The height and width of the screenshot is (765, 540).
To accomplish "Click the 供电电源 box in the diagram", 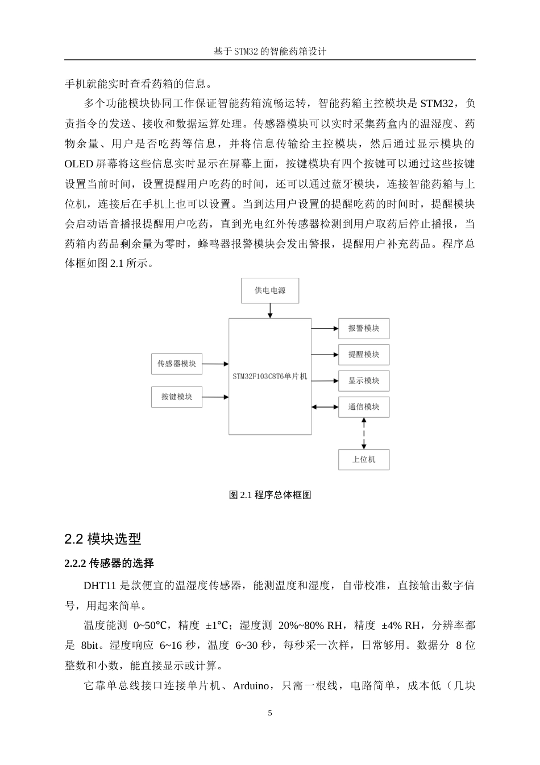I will (270, 290).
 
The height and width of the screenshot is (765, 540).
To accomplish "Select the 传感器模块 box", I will (177, 364).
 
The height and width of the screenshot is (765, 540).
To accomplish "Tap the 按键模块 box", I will (177, 397).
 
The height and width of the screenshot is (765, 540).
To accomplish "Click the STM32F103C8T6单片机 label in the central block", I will (270, 376).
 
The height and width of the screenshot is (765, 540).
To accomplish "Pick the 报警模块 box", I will (364, 328).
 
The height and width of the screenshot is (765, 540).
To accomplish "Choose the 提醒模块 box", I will (364, 355).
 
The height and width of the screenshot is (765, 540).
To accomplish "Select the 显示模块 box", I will (364, 381).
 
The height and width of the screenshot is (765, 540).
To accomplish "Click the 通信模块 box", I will (364, 407).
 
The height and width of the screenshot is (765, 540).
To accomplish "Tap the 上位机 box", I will (364, 459).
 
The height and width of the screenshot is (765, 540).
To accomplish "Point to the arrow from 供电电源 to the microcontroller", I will (270, 311).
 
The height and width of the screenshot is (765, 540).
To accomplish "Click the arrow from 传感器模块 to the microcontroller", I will (215, 364).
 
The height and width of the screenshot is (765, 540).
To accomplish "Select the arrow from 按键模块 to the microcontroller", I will (215, 397).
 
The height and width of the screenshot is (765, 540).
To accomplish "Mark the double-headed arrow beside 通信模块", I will (325, 407).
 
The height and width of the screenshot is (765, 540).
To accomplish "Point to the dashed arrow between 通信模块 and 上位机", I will (364, 433).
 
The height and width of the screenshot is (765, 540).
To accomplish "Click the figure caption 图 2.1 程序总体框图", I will (270, 495).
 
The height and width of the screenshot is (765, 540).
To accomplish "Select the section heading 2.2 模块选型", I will (103, 538).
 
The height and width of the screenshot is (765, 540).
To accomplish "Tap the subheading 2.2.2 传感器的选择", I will (109, 564).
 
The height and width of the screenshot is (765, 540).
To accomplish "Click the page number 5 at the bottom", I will (270, 713).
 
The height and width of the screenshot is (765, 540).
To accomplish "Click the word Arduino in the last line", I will (251, 686).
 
